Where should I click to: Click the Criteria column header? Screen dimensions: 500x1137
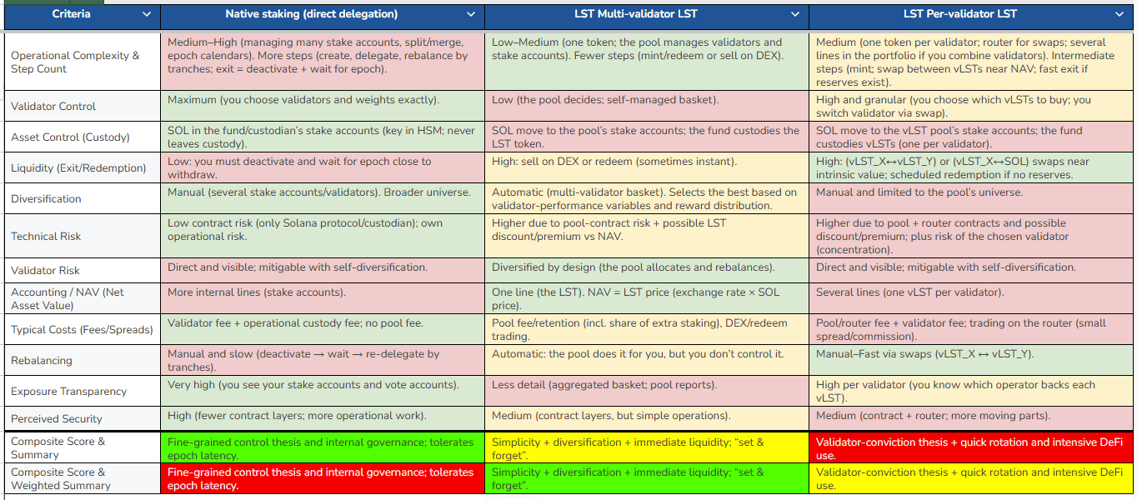point(72,14)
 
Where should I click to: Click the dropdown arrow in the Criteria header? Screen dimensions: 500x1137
point(148,14)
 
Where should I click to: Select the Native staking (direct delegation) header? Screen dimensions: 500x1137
point(311,14)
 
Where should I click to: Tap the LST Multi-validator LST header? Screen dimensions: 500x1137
point(635,14)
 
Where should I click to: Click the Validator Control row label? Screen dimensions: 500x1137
point(53,107)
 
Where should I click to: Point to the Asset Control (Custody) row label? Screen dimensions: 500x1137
point(71,137)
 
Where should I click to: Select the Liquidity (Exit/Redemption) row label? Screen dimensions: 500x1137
point(78,168)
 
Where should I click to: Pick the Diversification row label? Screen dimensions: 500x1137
point(46,199)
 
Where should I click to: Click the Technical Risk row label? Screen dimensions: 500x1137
point(46,237)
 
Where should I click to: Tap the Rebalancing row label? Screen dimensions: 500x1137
point(42,361)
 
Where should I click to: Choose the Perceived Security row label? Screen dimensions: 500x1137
point(57,419)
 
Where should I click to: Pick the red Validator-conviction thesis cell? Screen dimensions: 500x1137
point(970,448)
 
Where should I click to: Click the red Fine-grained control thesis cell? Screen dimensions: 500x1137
point(322,478)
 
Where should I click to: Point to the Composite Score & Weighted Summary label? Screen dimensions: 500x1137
point(61,478)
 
